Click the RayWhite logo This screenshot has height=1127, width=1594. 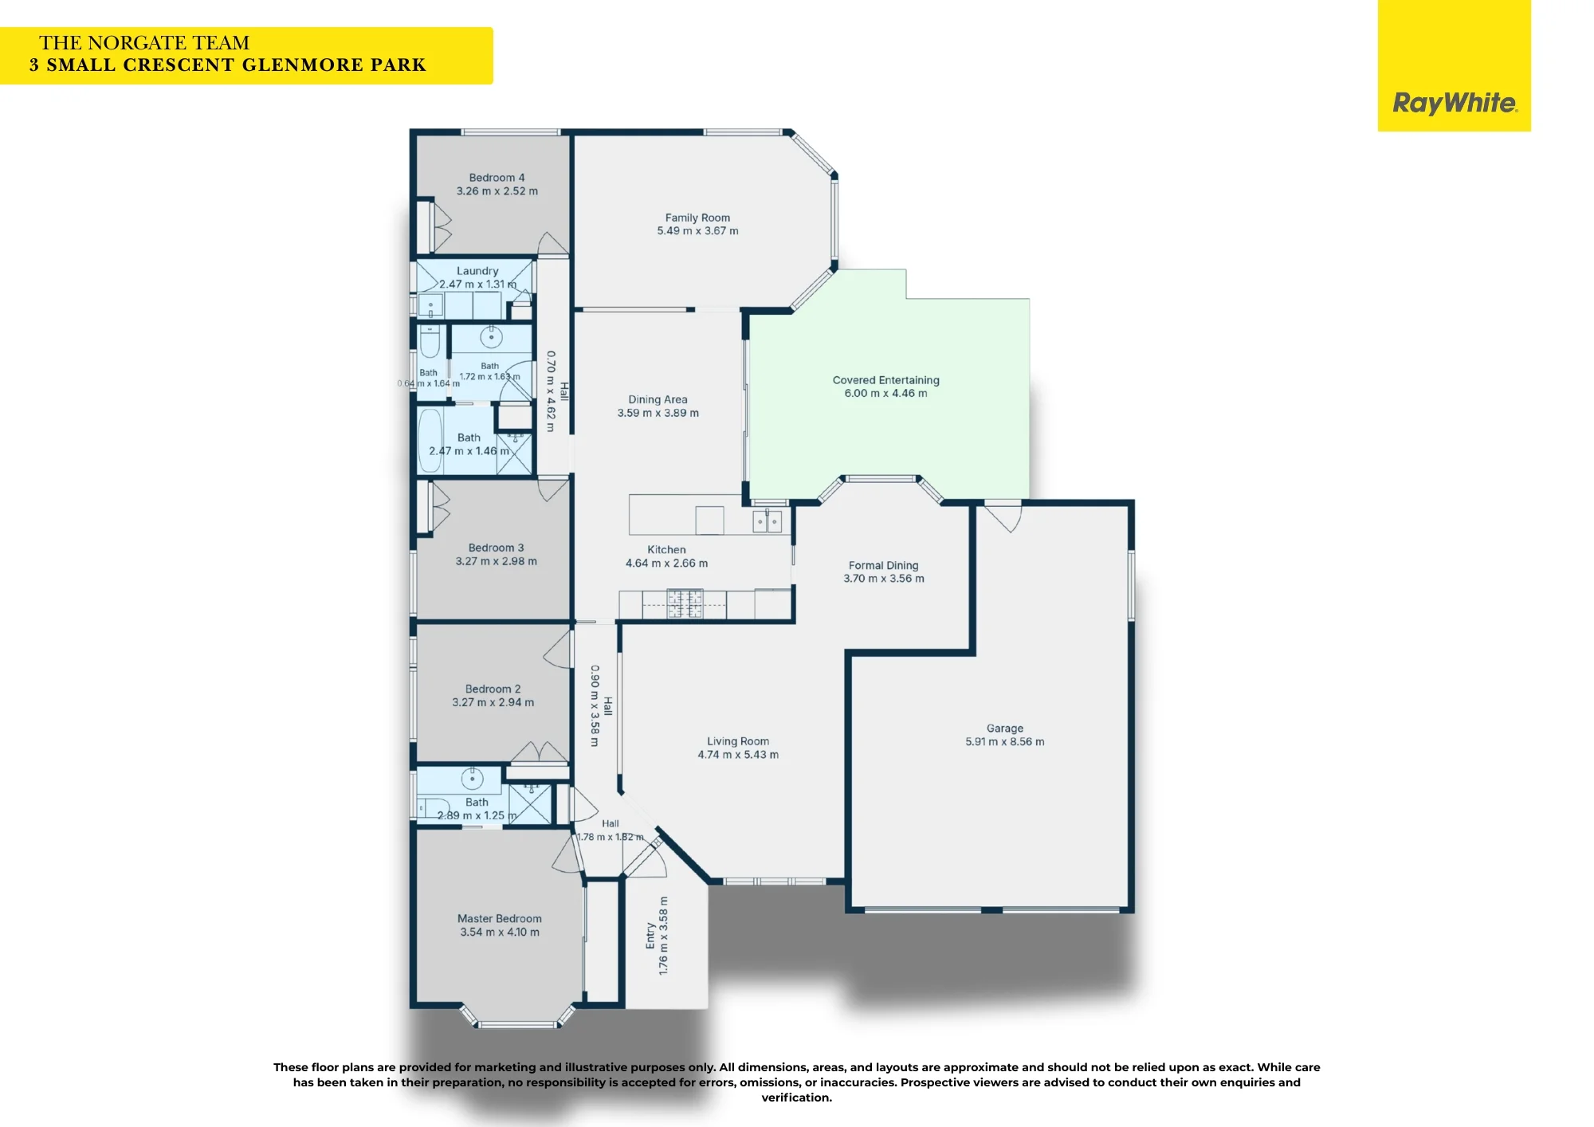click(1455, 103)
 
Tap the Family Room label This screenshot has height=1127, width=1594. click(697, 218)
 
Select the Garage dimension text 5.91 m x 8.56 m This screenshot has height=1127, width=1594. click(1004, 741)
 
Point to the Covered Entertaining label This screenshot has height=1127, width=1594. click(885, 380)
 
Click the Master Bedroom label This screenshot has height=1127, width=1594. click(499, 918)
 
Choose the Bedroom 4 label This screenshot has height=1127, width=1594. click(497, 178)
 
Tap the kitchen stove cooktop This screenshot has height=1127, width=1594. click(685, 603)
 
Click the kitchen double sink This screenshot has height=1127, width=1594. click(768, 521)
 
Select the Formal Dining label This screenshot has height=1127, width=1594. click(883, 565)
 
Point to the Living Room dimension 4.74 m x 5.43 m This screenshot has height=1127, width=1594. click(738, 754)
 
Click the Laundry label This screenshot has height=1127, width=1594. click(477, 271)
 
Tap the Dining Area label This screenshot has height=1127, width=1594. click(658, 399)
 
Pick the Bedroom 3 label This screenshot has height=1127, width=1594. click(496, 548)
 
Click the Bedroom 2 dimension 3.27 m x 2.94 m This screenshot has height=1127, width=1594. click(493, 702)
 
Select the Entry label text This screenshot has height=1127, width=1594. click(650, 936)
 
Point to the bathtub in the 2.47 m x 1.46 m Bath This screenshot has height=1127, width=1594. click(430, 441)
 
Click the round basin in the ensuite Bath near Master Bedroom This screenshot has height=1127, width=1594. click(472, 778)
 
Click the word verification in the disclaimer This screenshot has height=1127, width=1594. click(796, 1098)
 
